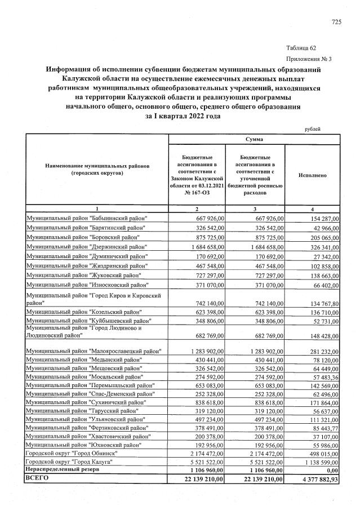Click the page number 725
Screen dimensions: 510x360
pos(336,22)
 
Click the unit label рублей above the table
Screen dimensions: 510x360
pos(312,129)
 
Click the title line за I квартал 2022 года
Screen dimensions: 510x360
pos(179,116)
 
